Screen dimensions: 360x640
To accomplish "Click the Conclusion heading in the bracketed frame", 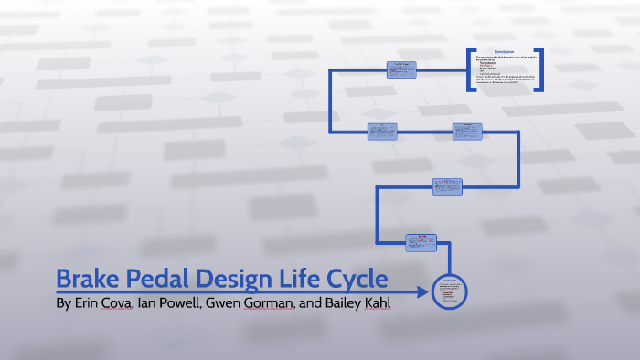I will tap(506, 52).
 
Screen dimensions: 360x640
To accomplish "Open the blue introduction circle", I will tap(450, 292).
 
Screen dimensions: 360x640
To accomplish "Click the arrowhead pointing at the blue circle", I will tap(421, 292).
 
